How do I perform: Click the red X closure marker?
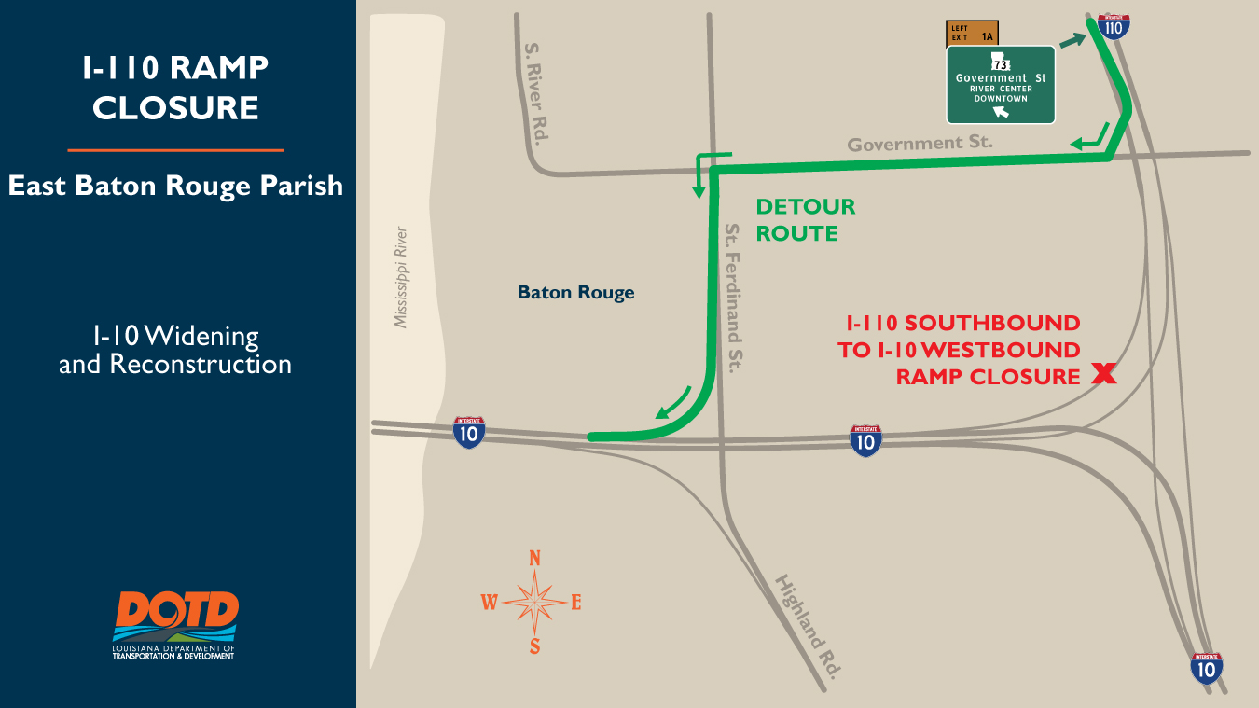click(x=1103, y=375)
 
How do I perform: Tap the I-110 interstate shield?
click(x=1113, y=25)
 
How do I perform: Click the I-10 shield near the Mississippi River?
click(x=469, y=432)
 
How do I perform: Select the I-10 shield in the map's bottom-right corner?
click(x=1207, y=668)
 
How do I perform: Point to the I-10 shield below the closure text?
click(x=865, y=440)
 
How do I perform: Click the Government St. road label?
click(x=920, y=144)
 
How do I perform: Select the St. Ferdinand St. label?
click(x=734, y=298)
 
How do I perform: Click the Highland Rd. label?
click(x=808, y=626)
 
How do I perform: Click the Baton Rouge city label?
click(x=575, y=293)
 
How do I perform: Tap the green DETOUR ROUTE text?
click(x=805, y=220)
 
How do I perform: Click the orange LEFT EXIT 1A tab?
click(x=973, y=34)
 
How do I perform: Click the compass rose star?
click(x=534, y=603)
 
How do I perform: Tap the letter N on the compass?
click(x=535, y=559)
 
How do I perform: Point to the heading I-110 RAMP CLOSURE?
click(x=175, y=88)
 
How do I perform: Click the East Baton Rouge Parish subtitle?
click(x=175, y=186)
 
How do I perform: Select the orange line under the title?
click(x=175, y=149)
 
